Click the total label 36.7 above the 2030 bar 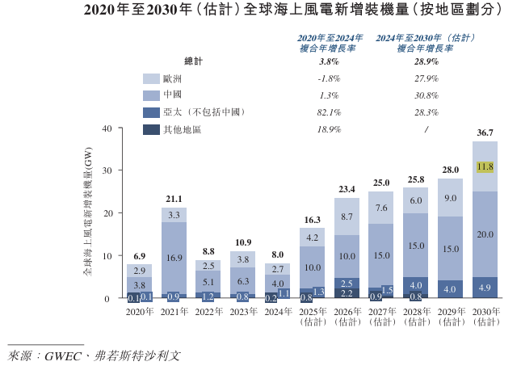click(485, 132)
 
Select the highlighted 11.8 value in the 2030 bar click(485, 167)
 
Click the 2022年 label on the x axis click(208, 312)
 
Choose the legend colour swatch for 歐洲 click(151, 78)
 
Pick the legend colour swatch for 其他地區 click(151, 129)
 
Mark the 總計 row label click(194, 61)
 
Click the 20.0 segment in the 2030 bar click(485, 234)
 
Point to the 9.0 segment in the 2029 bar click(450, 198)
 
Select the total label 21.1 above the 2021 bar click(174, 199)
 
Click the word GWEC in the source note click(67, 355)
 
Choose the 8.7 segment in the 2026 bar click(347, 217)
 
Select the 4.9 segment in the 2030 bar click(485, 288)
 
